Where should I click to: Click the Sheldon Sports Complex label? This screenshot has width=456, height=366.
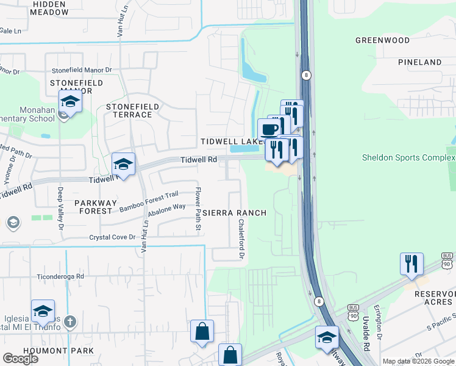coord(408,157)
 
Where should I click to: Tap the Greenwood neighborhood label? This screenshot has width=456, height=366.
coord(382,40)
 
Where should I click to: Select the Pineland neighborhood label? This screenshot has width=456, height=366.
coord(419,62)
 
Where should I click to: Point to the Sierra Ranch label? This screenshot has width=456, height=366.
coord(234,213)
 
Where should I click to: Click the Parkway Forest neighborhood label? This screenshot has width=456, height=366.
coord(93,206)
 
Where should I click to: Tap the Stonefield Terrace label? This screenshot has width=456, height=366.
coord(133,110)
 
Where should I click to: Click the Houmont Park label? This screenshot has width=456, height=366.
coord(59,351)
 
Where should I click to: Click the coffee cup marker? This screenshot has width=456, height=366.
coord(269,129)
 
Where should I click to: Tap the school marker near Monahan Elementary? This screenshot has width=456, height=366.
coord(70,101)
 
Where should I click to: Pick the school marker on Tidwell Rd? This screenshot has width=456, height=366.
coord(123,165)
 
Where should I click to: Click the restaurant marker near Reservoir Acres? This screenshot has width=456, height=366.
coord(411,264)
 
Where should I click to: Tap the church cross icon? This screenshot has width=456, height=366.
coord(70,321)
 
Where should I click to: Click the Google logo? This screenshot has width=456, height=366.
coord(21,359)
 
